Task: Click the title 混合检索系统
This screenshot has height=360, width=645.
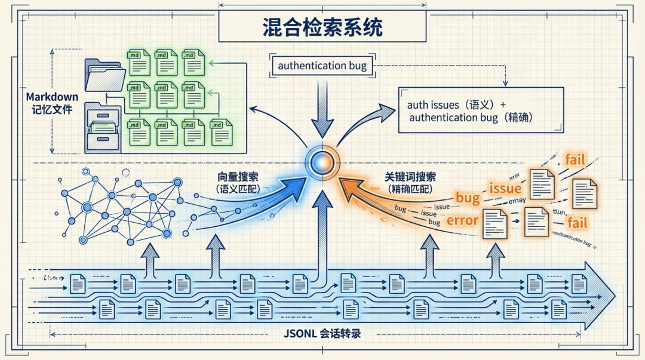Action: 322,27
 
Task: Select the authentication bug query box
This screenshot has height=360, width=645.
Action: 322,66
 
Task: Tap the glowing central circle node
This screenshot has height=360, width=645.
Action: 322,161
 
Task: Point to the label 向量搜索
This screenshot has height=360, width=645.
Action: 238,177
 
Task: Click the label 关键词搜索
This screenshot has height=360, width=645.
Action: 410,177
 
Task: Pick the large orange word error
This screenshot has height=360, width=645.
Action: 462,220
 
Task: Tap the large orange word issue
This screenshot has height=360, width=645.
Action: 505,189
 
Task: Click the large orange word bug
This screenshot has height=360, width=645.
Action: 468,198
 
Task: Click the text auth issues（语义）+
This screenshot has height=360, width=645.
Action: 456,104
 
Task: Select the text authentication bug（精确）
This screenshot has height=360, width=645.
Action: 471,118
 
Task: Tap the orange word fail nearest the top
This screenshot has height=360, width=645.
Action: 575,159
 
